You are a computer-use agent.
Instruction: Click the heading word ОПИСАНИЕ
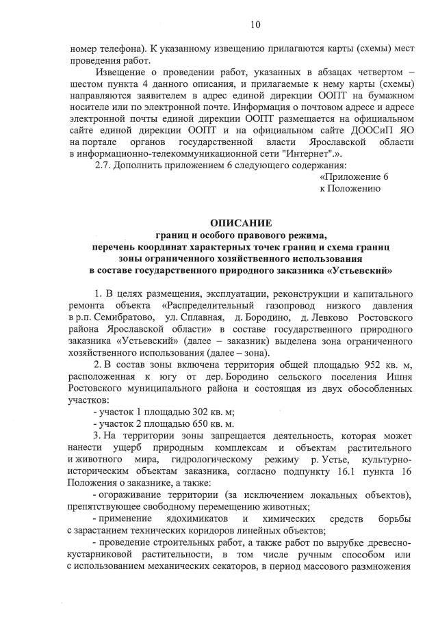point(240,223)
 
